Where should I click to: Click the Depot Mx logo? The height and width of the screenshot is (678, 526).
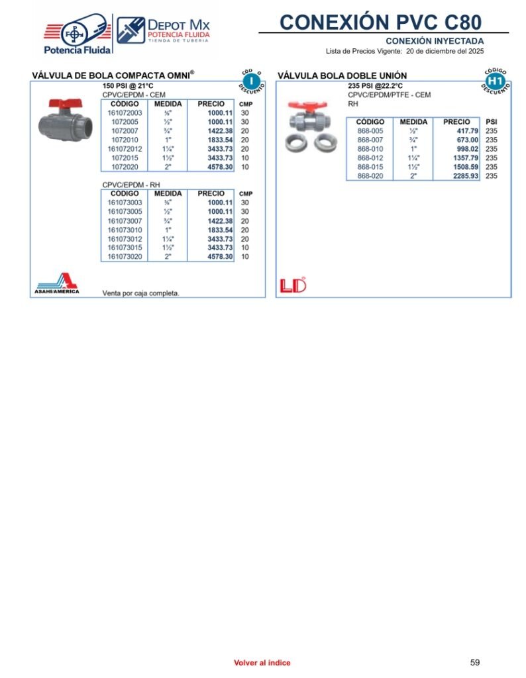(164, 30)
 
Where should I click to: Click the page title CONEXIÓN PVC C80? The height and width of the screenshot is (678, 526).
(381, 22)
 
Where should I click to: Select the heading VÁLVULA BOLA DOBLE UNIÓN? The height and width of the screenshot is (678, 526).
(342, 76)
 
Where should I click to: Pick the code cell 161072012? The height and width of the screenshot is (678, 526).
(125, 149)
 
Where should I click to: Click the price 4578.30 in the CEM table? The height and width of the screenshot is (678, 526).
(220, 168)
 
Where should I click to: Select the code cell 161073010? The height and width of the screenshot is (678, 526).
(125, 230)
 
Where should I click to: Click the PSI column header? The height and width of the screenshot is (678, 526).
(491, 122)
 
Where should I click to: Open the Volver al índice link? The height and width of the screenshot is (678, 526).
(262, 663)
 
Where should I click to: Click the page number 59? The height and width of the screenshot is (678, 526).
(474, 662)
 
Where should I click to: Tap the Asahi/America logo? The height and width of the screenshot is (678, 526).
(58, 283)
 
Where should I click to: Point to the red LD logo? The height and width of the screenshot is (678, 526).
(293, 285)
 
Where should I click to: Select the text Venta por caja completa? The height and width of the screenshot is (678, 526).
(140, 293)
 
